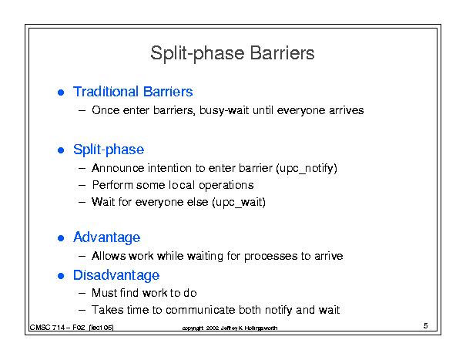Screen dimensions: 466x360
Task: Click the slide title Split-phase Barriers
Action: pos(233,53)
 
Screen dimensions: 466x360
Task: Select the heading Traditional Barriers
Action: pos(132,92)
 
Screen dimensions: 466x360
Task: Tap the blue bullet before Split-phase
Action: pos(61,150)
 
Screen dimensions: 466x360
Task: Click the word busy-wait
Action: pos(224,111)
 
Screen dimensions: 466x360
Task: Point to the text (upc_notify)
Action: pos(307,168)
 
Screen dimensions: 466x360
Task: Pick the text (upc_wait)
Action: pos(239,202)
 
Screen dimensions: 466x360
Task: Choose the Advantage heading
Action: pos(107,237)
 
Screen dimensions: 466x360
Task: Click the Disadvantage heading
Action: pos(116,275)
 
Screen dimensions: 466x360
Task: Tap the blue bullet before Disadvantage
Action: pos(61,277)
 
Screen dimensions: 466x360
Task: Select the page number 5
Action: pos(426,326)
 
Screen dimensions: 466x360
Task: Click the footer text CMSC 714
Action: pos(47,328)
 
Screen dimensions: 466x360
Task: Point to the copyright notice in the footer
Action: pos(230,328)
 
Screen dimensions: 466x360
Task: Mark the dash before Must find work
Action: pos(82,294)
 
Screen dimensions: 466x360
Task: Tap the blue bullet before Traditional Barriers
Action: pos(61,93)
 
